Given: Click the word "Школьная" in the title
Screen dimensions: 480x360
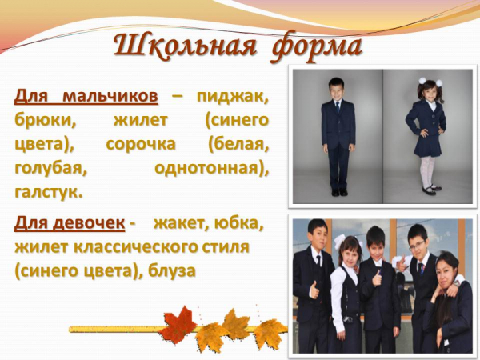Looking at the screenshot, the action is [185, 47].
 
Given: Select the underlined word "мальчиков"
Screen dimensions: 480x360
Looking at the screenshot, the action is [110, 97].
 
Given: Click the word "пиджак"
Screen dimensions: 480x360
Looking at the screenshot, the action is [233, 98].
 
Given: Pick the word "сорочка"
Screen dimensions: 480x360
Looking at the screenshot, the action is [141, 144].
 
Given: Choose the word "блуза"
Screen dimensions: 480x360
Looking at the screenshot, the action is [172, 270].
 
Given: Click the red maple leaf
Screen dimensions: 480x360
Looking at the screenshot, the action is [178, 324].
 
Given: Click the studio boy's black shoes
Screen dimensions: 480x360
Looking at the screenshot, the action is [339, 192].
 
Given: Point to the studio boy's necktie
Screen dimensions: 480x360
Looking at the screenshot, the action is [338, 107].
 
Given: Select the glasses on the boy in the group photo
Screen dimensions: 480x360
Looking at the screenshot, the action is [417, 245].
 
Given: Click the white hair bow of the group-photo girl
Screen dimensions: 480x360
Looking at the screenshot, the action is [340, 240].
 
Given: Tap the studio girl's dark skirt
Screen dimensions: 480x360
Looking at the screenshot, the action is [427, 146].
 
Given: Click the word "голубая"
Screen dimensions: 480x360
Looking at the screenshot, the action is [51, 170].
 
